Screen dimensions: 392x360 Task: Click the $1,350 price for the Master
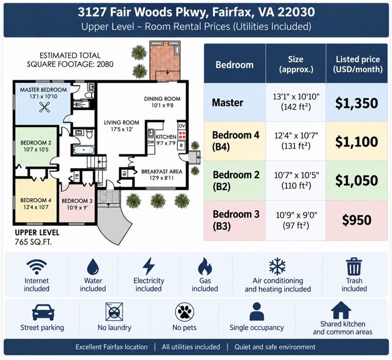point(357,103)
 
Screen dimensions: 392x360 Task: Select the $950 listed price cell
point(357,220)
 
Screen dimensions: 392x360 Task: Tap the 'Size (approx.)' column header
point(296,64)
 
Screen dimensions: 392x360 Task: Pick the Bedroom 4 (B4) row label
point(236,141)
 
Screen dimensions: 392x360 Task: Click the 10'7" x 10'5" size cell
point(296,180)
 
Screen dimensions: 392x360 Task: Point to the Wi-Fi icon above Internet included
point(36,266)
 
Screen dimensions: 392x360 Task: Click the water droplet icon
point(93,266)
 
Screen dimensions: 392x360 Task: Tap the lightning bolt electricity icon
point(148,266)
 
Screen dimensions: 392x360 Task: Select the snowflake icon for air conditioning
point(277,266)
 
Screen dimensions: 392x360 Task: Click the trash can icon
point(354,266)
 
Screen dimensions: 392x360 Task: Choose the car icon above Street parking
point(43,312)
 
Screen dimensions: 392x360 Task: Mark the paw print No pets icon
point(185,312)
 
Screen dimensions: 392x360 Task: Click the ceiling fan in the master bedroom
point(45,108)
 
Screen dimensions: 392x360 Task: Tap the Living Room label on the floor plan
point(122,126)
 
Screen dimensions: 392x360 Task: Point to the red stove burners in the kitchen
point(182,135)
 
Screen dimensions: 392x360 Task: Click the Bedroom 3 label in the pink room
point(77,204)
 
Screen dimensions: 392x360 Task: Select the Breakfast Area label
point(162,175)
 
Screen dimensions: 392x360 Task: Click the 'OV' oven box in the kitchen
point(182,126)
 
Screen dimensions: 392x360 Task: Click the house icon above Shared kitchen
point(341,310)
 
